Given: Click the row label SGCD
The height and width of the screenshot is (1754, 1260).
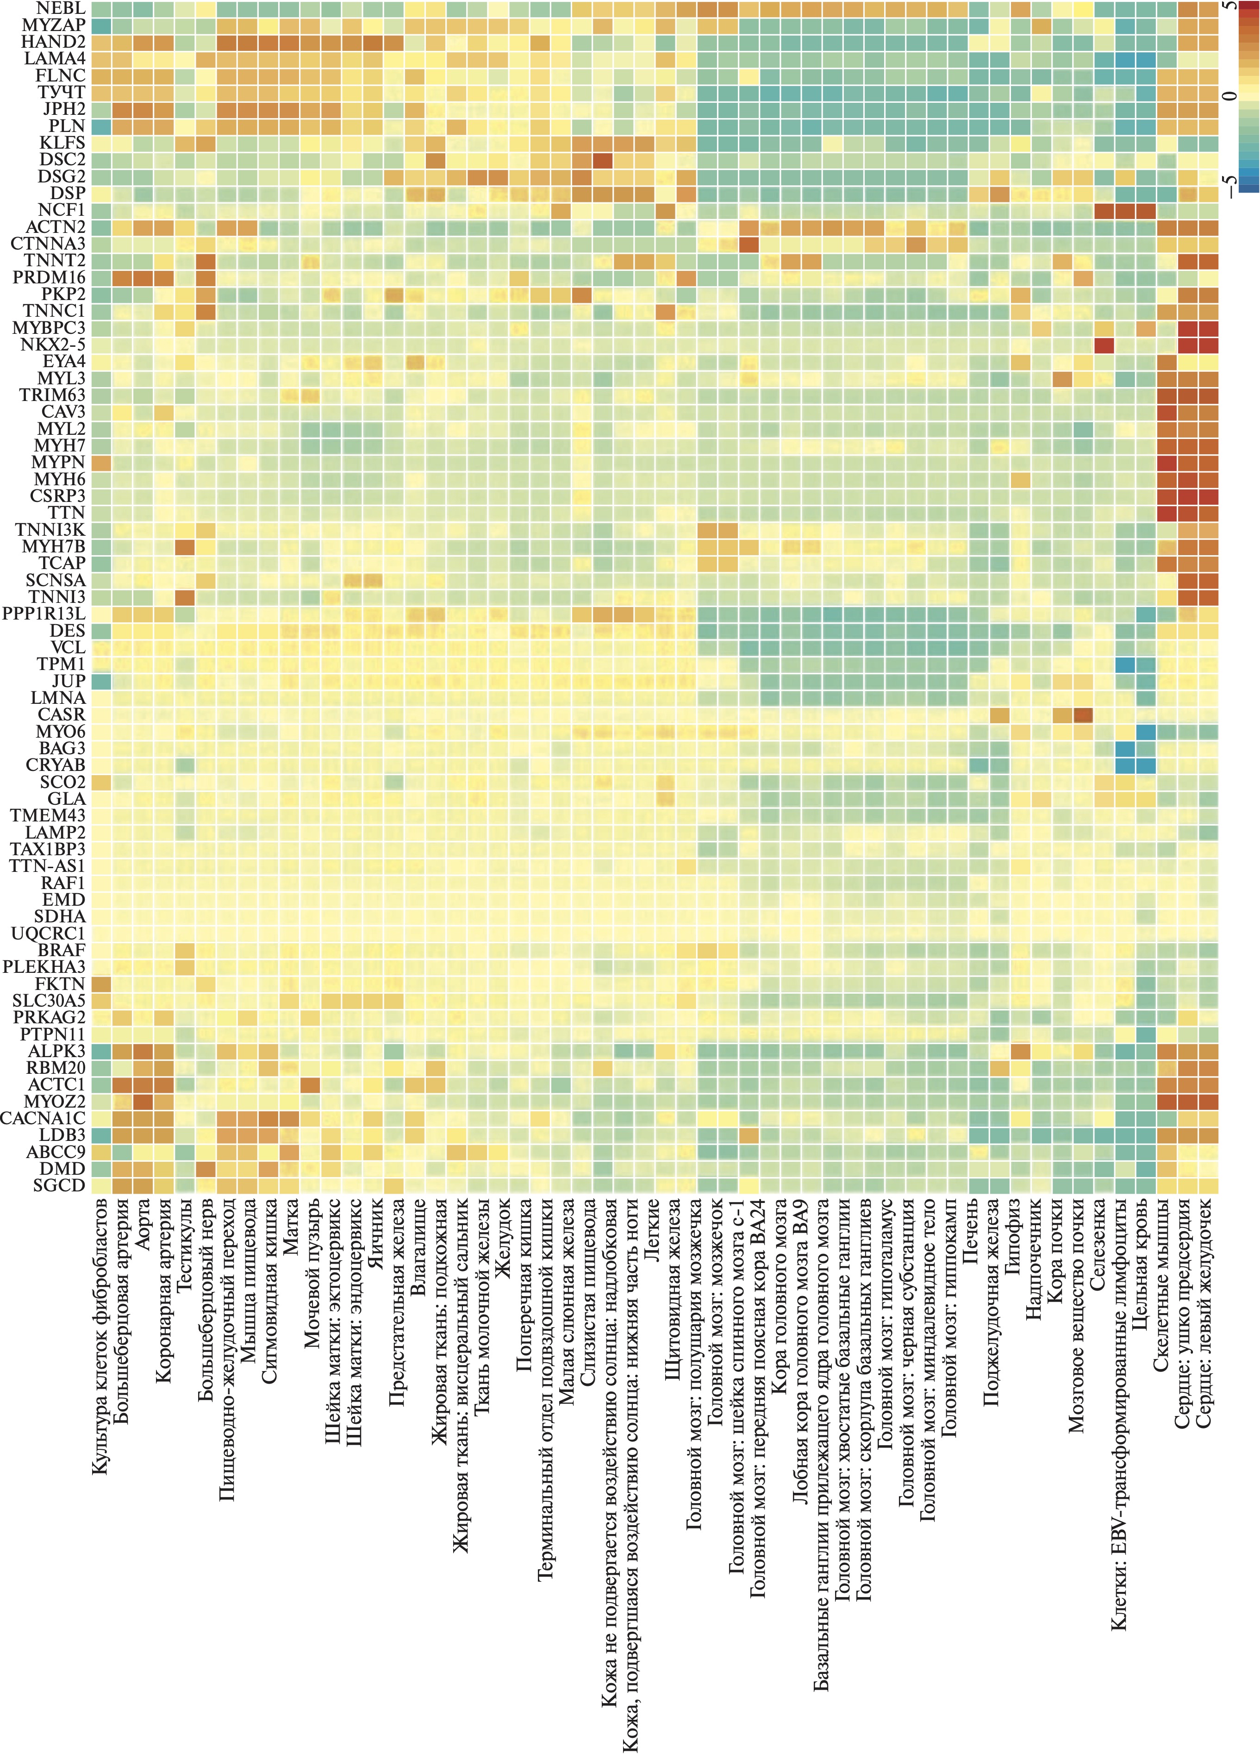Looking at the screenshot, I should (x=59, y=1185).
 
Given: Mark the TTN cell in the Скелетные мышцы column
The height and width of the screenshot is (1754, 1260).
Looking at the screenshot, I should (x=1166, y=513).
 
